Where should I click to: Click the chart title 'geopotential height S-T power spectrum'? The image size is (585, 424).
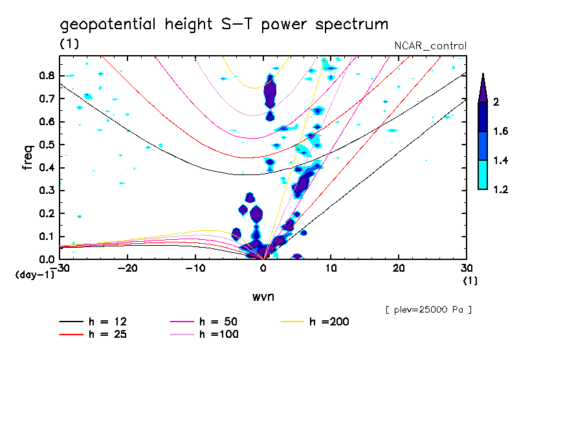point(224,25)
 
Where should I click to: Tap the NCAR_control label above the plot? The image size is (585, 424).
point(430,45)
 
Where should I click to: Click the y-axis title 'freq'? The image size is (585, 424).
point(28,157)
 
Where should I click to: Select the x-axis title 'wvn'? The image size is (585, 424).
point(263,296)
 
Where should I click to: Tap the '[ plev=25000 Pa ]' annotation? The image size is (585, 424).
point(428,310)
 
